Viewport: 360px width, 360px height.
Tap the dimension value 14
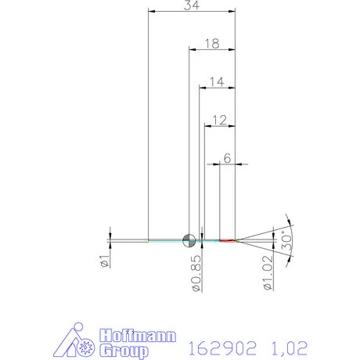click(217, 81)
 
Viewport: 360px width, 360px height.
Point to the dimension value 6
click(227, 157)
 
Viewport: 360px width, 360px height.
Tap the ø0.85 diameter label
click(196, 273)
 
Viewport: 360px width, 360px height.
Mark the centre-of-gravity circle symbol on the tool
click(189, 240)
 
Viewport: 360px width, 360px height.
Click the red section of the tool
click(227, 240)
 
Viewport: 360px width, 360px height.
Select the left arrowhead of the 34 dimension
click(151, 11)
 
